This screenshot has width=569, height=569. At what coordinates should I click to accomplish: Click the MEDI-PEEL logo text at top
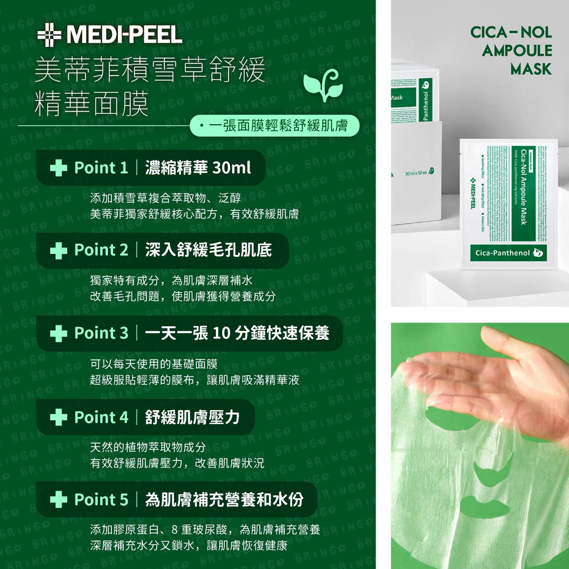pos(124,35)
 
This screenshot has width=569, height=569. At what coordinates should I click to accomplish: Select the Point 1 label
pos(101,167)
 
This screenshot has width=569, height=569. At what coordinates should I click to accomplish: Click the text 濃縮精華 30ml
pos(198,167)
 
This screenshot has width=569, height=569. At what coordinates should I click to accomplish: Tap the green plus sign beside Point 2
pos(59,250)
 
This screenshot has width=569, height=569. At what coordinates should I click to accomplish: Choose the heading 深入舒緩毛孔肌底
pos(208,250)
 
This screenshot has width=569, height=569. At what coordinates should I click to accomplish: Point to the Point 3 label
pos(101,333)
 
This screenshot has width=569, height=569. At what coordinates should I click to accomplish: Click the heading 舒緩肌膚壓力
pos(192,417)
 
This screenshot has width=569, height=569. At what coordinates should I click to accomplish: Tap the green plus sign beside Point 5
pos(59,500)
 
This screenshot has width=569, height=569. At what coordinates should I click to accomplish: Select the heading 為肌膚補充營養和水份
pos(224,499)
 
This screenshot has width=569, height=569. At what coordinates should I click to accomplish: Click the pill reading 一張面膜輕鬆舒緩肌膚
pos(275,126)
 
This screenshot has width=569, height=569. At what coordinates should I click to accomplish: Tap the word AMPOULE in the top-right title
pos(517,51)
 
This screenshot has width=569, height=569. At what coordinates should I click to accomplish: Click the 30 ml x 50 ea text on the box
pos(416,173)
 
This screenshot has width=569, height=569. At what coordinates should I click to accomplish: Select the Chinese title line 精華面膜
pos(92,102)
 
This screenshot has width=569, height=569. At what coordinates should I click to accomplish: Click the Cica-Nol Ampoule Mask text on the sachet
pos(523,187)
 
